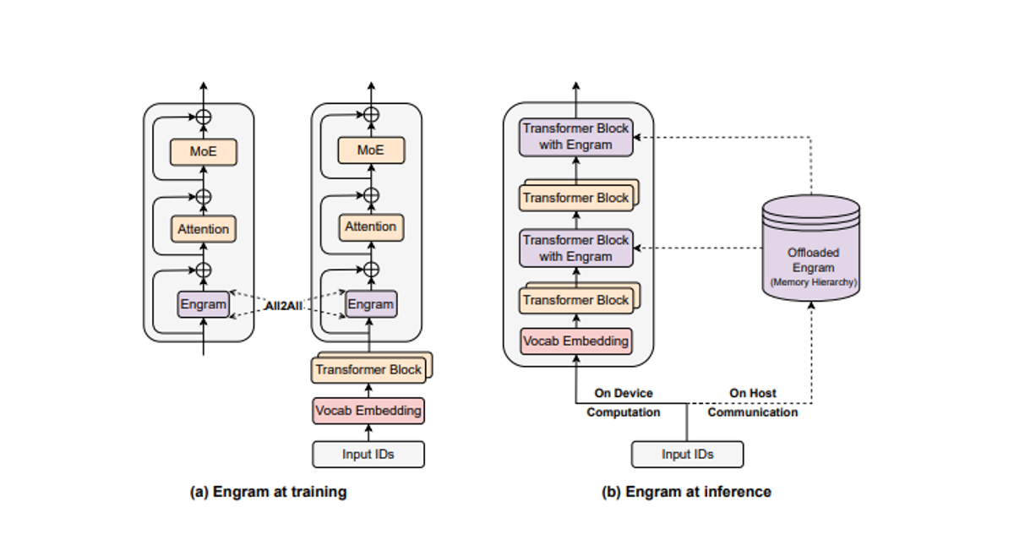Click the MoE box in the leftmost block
point(203,152)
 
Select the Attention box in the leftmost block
point(203,229)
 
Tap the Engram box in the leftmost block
point(203,304)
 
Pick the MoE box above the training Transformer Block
point(370,150)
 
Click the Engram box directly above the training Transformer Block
point(370,304)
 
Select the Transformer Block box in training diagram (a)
point(368,369)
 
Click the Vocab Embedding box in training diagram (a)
point(368,411)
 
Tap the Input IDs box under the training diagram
point(368,455)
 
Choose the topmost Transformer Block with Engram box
point(575,136)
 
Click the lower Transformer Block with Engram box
point(575,248)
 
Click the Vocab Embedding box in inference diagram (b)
point(575,341)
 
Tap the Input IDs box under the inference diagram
point(687,455)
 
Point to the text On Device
point(624,393)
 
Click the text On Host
point(752,393)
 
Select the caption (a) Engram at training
point(267,492)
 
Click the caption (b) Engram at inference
point(686,492)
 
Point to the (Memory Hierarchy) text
point(811,281)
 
